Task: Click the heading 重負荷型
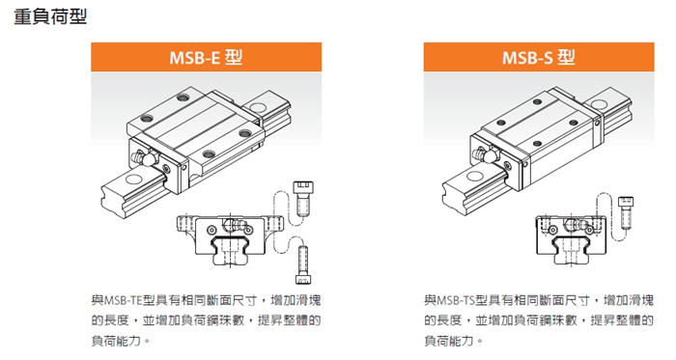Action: tap(50, 16)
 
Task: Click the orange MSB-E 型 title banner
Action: tap(206, 57)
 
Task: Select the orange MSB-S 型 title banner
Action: tap(539, 57)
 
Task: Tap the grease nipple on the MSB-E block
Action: tap(145, 158)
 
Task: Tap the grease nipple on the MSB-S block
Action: tap(484, 155)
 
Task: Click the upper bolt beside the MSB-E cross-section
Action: tap(302, 198)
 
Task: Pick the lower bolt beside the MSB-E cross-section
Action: tap(303, 264)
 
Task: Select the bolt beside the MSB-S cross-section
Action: tap(626, 212)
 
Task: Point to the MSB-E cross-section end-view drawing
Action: tap(230, 238)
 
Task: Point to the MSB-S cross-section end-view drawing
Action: tap(572, 239)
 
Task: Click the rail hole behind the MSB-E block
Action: tap(258, 107)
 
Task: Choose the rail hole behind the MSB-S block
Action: tap(599, 104)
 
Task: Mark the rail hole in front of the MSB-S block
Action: tap(475, 176)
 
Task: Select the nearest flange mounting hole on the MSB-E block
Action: tap(209, 153)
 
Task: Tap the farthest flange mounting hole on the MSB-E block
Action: tap(183, 97)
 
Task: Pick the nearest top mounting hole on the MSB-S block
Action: tap(537, 144)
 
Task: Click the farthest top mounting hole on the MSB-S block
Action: tap(537, 102)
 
